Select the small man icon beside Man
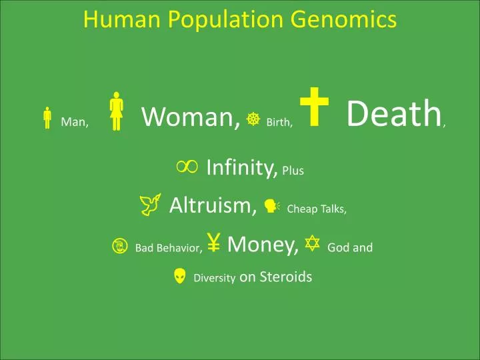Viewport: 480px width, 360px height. (x=47, y=118)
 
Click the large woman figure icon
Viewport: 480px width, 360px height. (x=117, y=111)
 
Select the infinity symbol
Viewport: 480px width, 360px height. (x=187, y=168)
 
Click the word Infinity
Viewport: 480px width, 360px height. (x=241, y=168)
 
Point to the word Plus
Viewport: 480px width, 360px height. (x=293, y=171)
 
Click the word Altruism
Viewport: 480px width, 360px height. (x=213, y=205)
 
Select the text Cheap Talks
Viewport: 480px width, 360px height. (x=316, y=209)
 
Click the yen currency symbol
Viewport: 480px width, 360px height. (x=214, y=244)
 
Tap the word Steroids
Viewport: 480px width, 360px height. (x=285, y=276)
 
